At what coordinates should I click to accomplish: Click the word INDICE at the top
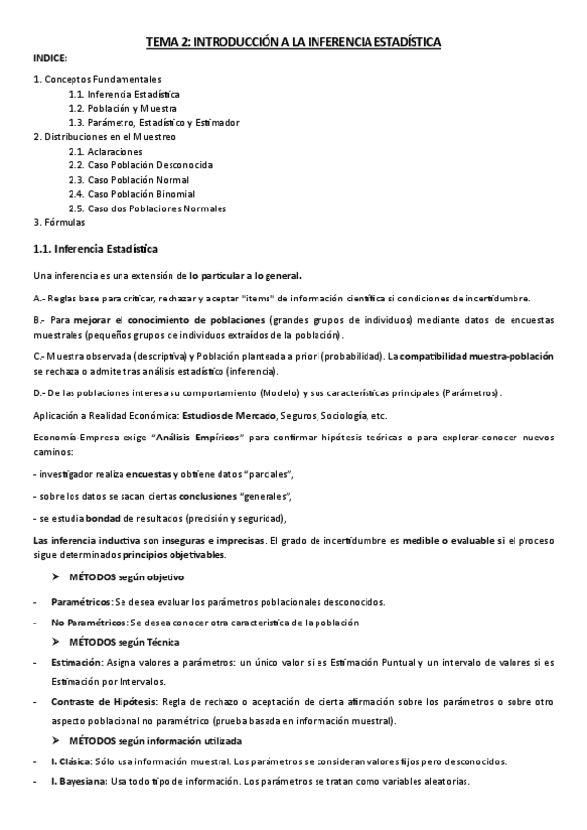point(50,59)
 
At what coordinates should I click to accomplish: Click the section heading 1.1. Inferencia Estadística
point(95,249)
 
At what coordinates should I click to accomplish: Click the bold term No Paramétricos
point(89,622)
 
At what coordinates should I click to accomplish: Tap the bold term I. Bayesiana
point(83,782)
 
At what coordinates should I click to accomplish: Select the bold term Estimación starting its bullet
point(77,663)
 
